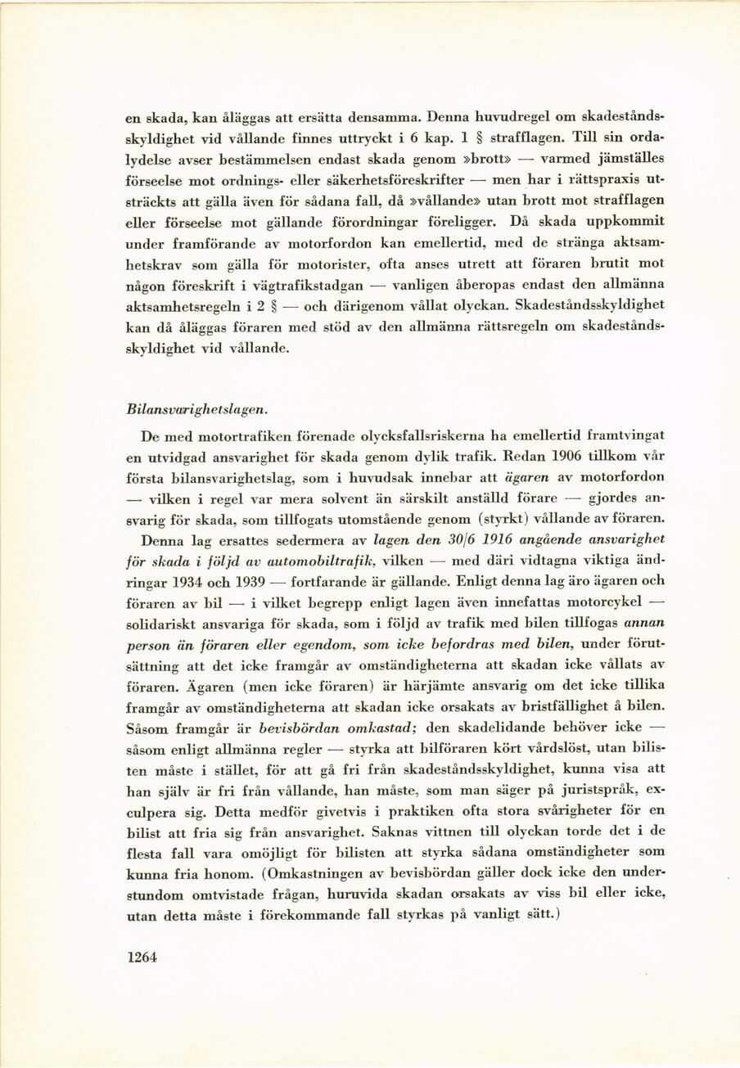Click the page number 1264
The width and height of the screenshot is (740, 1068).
(142, 958)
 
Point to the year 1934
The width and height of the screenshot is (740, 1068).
(195, 582)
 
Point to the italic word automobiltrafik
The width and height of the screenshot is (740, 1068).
(325, 561)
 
